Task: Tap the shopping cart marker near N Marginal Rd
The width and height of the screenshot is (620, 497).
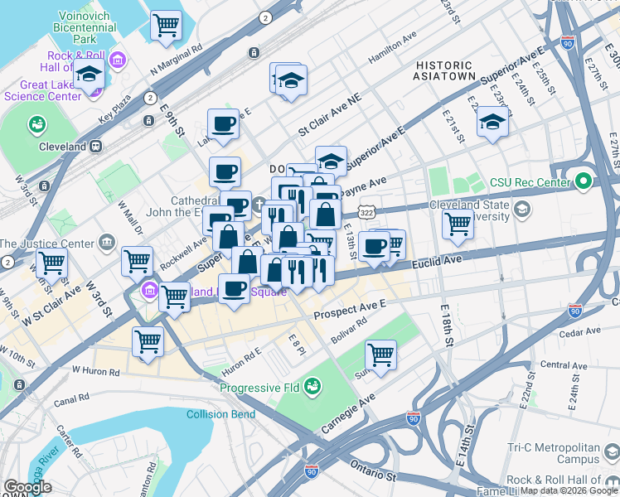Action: pos(167,26)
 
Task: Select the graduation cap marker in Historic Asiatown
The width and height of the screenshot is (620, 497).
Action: pos(492,123)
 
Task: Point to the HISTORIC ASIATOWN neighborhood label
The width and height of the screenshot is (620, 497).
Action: pos(446,70)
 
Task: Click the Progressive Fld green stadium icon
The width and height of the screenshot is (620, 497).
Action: pos(312,386)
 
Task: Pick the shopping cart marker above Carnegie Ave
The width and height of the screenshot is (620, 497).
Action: pos(380,355)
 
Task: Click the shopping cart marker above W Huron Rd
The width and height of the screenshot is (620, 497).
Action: pos(148,340)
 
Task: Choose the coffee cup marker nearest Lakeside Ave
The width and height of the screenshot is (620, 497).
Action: pos(223,124)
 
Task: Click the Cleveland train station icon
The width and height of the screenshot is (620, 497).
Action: pos(95,146)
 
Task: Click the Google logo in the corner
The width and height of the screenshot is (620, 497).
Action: pos(27,487)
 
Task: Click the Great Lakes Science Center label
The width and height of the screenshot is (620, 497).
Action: pos(40,89)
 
